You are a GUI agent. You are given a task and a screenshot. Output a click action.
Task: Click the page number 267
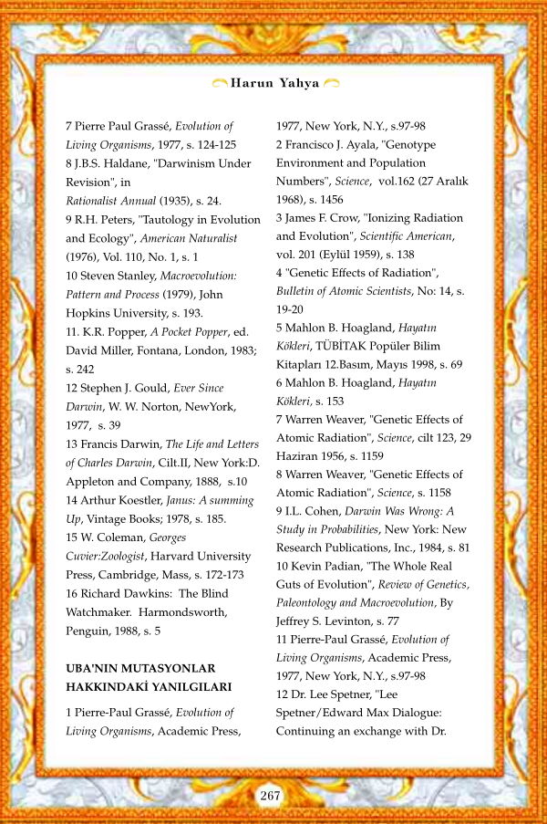point(270,796)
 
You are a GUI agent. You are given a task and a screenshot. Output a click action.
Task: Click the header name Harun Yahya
point(274,83)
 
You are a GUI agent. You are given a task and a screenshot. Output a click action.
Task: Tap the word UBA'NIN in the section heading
point(93,669)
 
